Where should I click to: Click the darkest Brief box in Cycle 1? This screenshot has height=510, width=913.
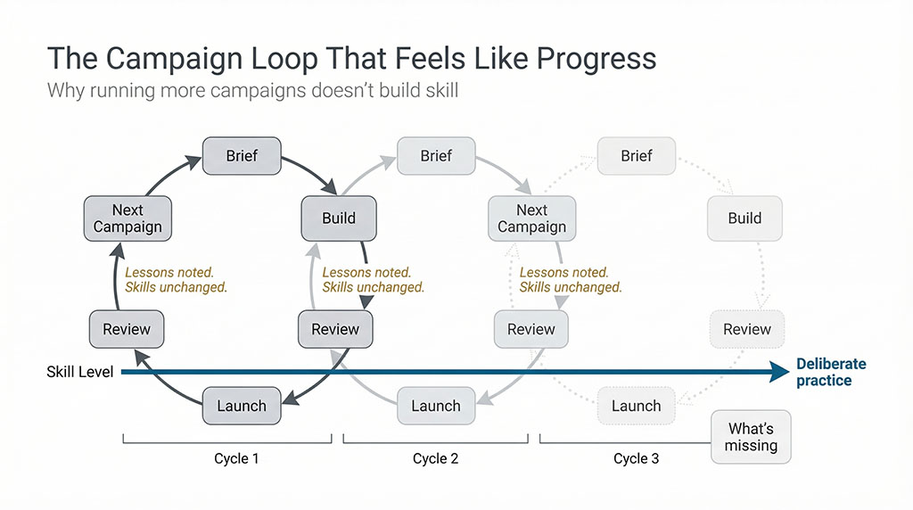click(242, 156)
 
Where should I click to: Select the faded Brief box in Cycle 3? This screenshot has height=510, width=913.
click(636, 156)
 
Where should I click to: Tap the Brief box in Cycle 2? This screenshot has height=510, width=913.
click(436, 156)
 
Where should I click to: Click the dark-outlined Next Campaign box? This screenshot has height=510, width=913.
click(127, 218)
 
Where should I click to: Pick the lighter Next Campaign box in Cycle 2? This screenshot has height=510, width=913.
click(531, 218)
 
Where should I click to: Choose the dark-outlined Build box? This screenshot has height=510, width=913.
click(338, 218)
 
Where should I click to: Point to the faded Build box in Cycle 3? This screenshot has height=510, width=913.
click(744, 218)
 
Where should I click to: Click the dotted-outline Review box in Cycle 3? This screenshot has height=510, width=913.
click(746, 329)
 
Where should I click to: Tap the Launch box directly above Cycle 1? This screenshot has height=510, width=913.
click(242, 406)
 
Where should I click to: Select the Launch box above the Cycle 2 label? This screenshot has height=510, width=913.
click(436, 406)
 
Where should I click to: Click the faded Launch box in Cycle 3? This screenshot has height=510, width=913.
click(636, 406)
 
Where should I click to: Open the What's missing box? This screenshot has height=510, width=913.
click(751, 437)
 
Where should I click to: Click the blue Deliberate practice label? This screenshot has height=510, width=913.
click(831, 372)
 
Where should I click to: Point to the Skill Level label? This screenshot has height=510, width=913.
click(80, 372)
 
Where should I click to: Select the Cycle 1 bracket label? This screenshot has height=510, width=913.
click(237, 458)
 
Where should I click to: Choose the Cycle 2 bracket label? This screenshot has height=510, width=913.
click(435, 458)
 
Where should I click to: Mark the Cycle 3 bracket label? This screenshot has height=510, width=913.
click(636, 458)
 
